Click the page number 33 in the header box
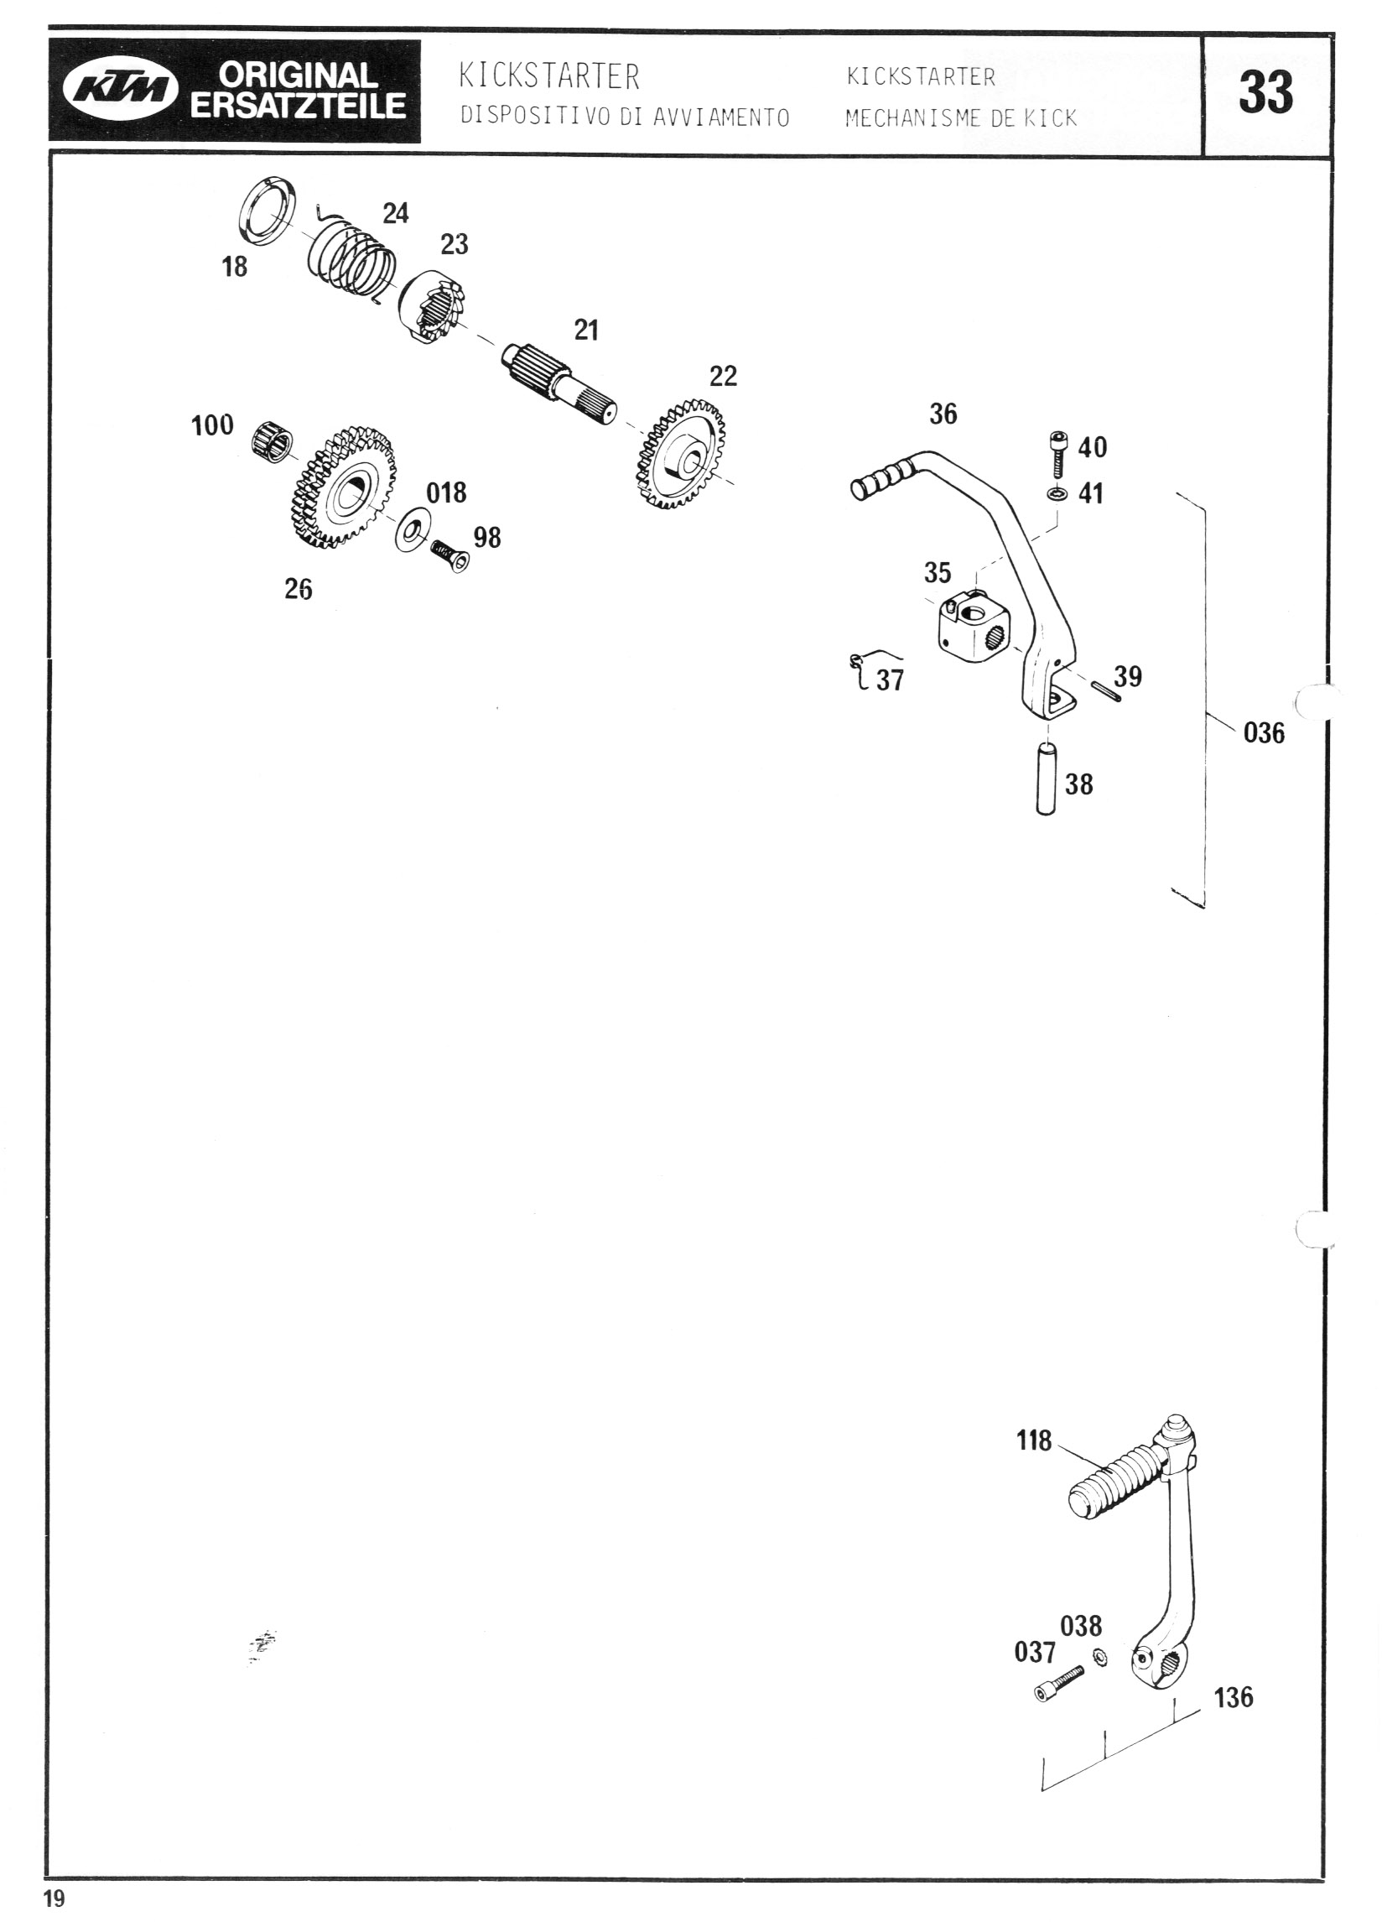(x=1265, y=92)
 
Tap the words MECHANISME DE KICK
(x=961, y=118)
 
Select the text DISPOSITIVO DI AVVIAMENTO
(x=625, y=117)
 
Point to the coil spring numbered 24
(x=350, y=258)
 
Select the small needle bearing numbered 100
(x=273, y=440)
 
